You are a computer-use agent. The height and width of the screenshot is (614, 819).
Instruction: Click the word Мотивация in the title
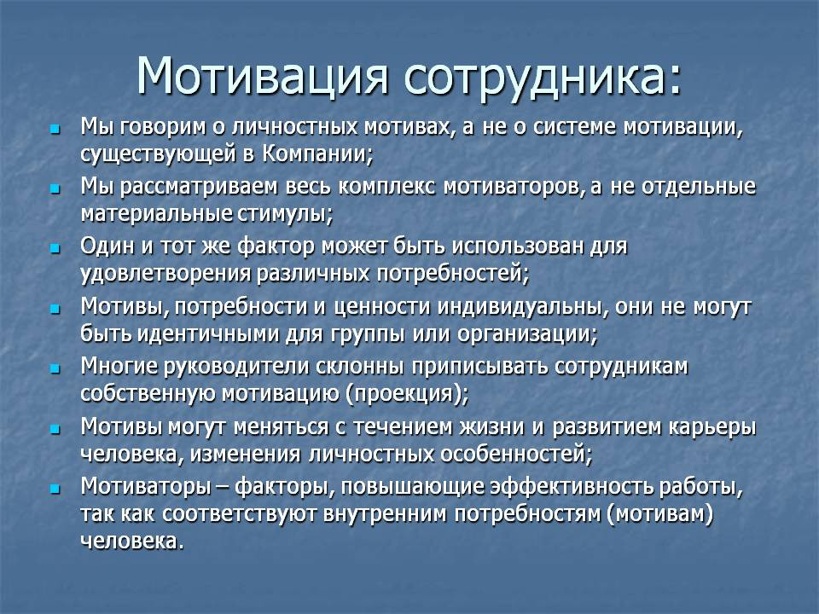tap(262, 76)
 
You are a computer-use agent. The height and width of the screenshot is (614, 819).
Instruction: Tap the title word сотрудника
tap(542, 78)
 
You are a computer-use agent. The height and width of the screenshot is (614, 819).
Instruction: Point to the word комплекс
tap(386, 187)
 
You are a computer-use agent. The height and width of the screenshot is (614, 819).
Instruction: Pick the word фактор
tap(276, 246)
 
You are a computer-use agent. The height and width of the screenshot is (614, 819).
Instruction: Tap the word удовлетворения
tap(166, 274)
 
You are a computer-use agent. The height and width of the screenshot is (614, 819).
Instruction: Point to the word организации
tap(526, 334)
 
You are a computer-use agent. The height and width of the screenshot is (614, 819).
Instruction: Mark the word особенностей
tap(512, 454)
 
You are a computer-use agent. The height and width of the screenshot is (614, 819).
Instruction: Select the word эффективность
tap(572, 487)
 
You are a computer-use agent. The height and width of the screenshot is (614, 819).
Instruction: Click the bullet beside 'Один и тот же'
tap(55, 248)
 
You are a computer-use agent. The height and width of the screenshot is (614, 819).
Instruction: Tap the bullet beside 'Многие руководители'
tap(55, 369)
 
